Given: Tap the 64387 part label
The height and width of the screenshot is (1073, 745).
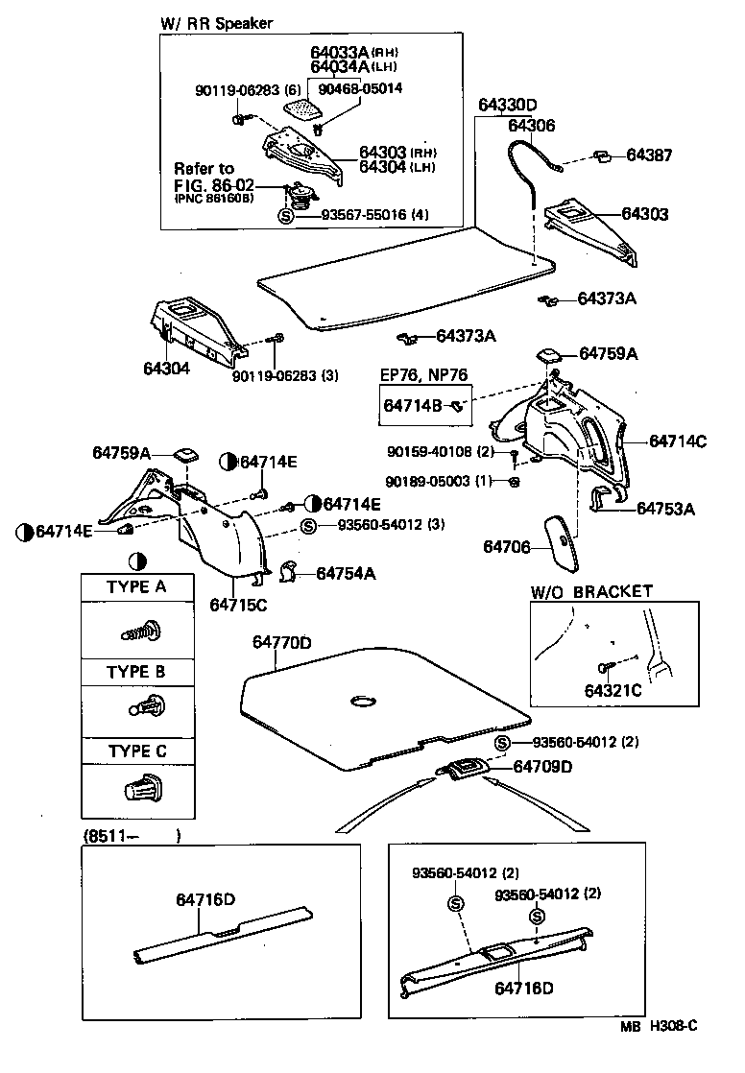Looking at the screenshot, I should (x=650, y=155).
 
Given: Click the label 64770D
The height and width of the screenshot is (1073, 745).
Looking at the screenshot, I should (x=281, y=642).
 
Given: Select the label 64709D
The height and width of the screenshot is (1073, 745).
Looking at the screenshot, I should (x=542, y=766).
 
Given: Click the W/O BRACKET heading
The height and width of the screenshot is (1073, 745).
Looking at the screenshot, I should (x=591, y=591).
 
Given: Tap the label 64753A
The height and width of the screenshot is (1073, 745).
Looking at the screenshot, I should (x=665, y=508).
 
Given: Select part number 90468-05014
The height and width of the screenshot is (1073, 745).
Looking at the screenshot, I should (x=361, y=88).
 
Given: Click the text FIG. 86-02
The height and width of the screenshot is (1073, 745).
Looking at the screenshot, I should (x=214, y=185).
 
